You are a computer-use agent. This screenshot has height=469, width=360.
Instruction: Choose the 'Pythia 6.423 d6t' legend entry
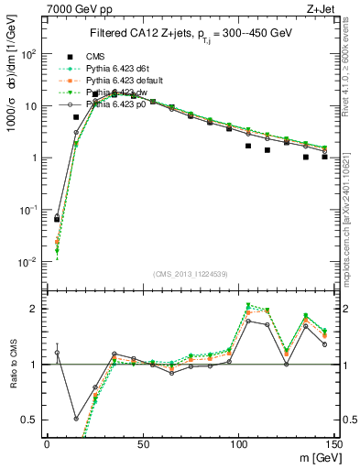click(116, 67)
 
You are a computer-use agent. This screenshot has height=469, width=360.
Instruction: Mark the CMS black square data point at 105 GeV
click(248, 146)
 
